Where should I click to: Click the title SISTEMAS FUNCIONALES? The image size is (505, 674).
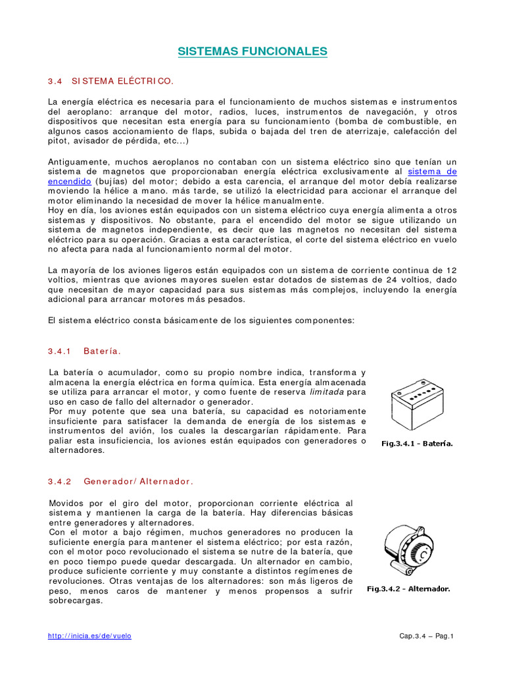252,51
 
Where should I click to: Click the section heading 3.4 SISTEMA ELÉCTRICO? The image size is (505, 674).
110,81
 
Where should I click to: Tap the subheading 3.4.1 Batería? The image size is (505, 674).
84,351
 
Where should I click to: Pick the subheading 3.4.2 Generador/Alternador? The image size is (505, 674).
120,481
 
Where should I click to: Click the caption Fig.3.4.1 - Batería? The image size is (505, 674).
417,443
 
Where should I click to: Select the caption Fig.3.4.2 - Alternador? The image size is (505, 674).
408,588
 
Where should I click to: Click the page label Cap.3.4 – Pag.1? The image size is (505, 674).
427,636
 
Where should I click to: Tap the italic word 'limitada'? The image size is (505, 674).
327,392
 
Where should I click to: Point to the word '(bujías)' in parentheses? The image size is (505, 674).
112,181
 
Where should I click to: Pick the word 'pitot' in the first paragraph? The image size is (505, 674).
59,141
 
